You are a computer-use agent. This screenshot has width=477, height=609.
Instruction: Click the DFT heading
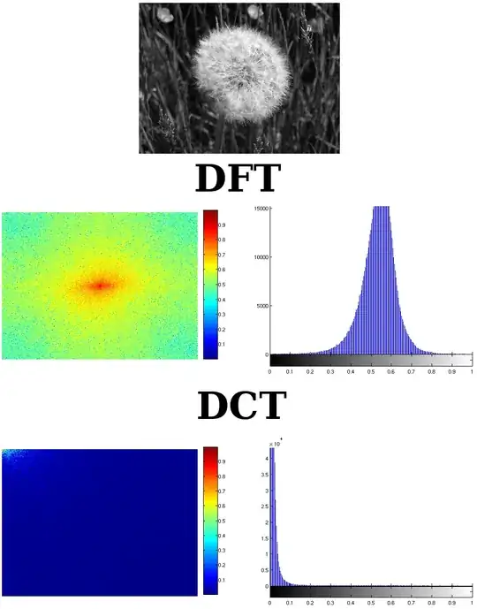click(238, 179)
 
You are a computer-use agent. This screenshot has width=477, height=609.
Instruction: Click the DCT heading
click(241, 406)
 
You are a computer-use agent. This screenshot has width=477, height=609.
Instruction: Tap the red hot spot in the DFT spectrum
click(100, 285)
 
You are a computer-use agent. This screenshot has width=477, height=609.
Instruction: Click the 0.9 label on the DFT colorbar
click(223, 225)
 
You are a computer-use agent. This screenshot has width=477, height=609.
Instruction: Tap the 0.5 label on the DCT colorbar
click(223, 520)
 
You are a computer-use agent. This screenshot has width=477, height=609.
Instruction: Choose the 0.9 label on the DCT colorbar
click(223, 461)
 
